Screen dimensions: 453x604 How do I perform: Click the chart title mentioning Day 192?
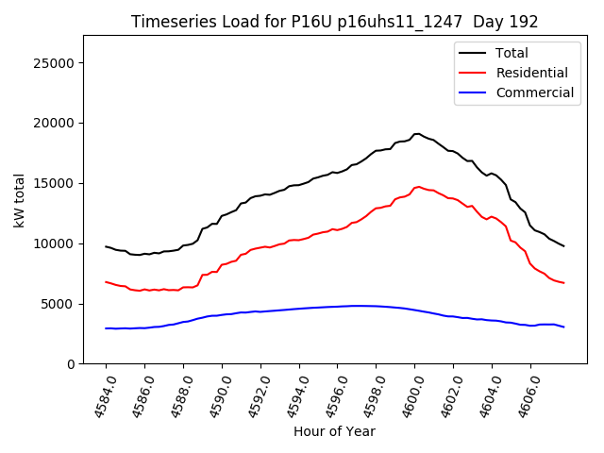pos(334,22)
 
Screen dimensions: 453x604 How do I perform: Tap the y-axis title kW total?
pos(20,200)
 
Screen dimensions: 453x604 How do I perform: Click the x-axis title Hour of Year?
pos(334,431)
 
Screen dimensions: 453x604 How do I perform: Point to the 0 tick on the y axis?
pos(70,364)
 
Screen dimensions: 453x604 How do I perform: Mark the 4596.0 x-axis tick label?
pos(330,394)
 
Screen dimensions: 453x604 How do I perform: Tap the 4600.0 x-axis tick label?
pos(408,394)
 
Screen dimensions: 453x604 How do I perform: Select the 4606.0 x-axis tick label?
pos(524,394)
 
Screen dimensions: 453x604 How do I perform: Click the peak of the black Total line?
pos(417,134)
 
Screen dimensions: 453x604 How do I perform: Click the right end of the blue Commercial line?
pos(563,327)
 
